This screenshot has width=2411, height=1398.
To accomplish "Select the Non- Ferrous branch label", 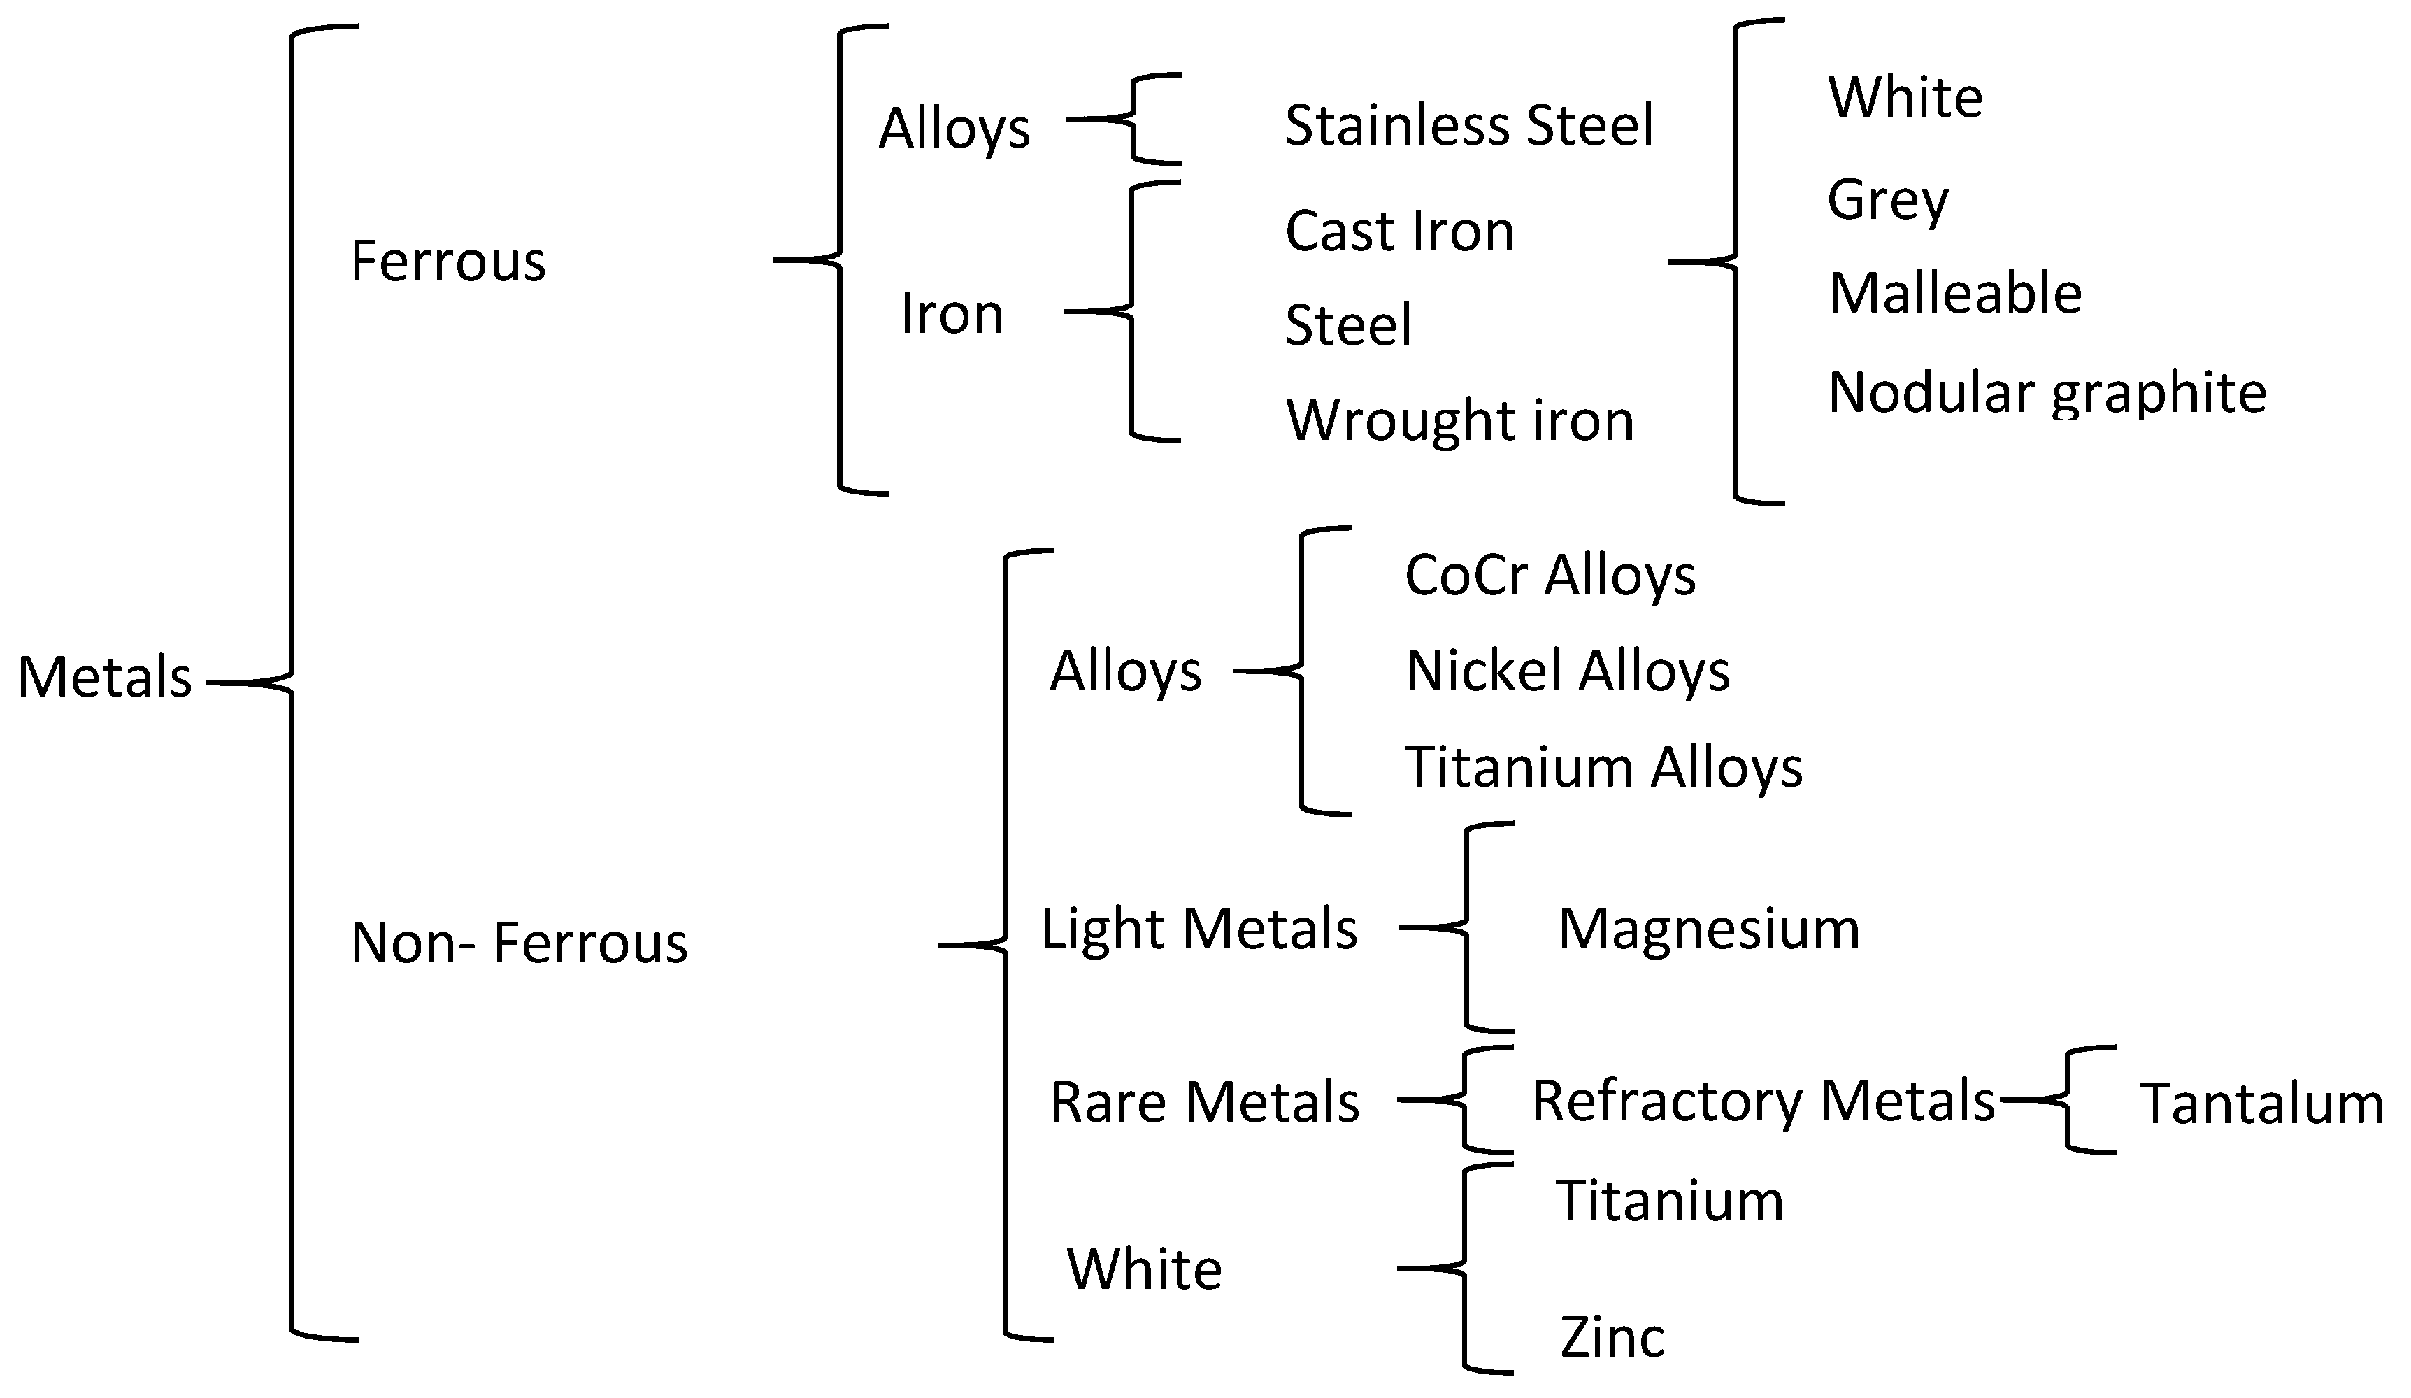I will point(519,943).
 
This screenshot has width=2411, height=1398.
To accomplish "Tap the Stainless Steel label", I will point(1468,125).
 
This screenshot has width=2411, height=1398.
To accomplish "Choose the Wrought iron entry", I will point(1460,420).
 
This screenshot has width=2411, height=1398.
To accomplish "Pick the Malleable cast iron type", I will point(1954,293).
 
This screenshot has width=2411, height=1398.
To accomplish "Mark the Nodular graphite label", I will point(2047,392).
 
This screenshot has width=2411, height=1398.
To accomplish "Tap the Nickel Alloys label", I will point(1567,671).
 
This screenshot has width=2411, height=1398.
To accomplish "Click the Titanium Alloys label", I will point(1603,767).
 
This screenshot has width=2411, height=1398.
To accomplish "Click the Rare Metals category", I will point(1205,1102).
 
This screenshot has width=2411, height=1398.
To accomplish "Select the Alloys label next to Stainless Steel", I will point(954,128).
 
